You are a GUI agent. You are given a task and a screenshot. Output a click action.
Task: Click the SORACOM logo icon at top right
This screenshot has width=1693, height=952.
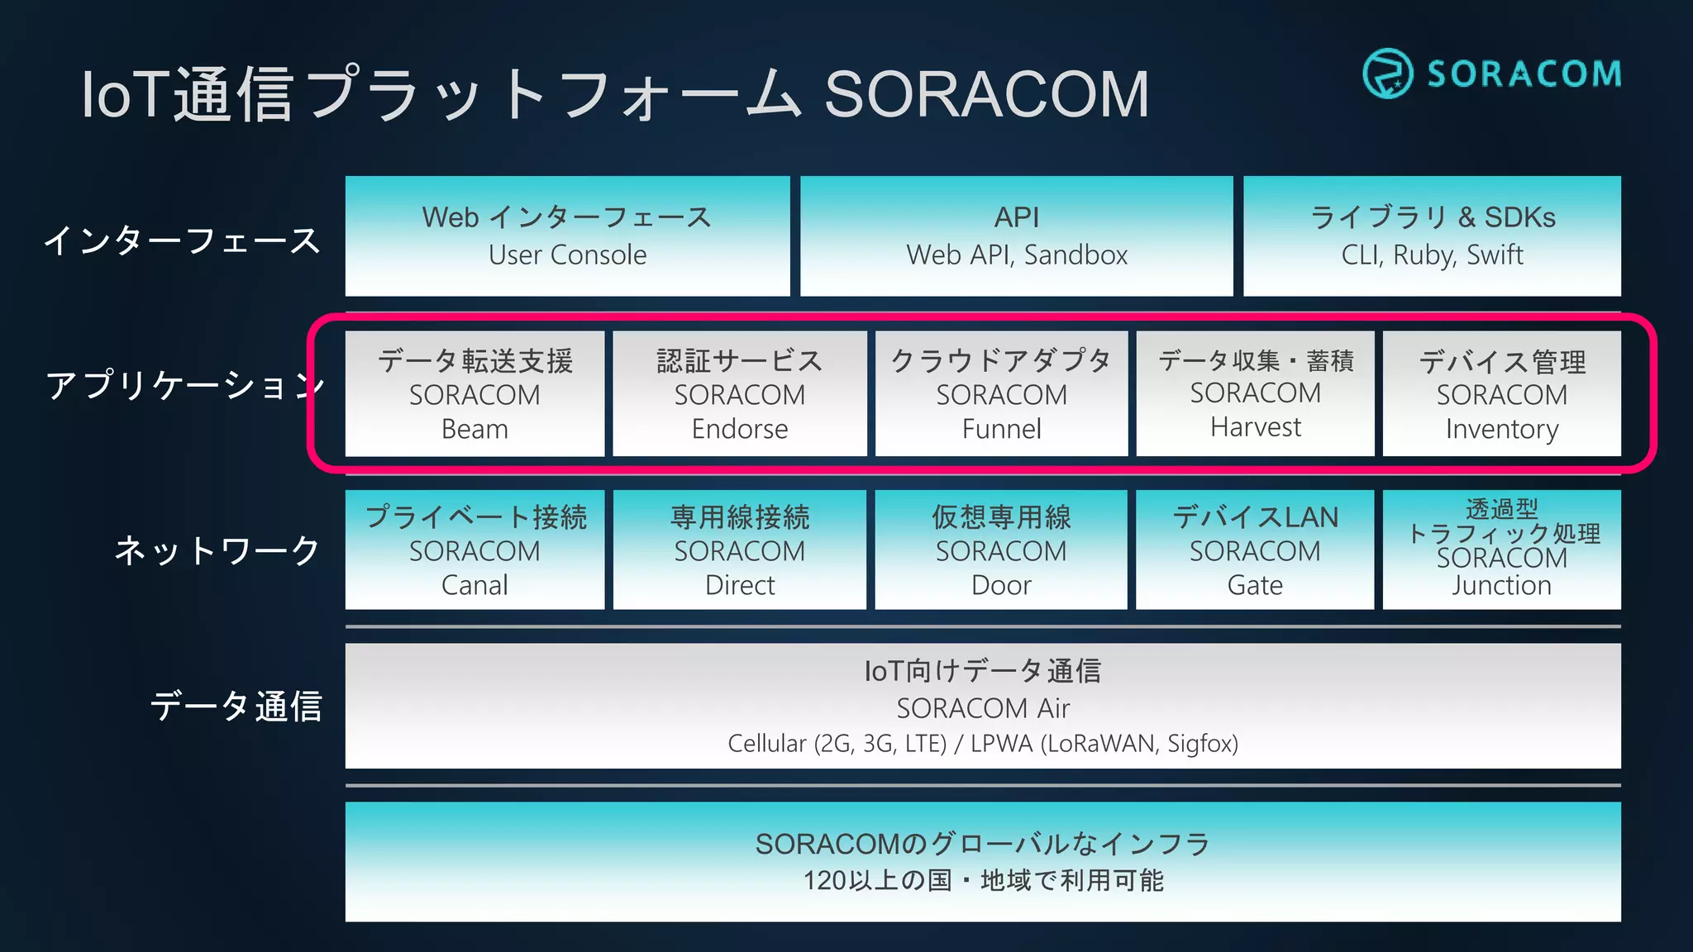point(1387,74)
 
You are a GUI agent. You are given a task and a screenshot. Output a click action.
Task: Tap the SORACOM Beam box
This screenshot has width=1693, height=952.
point(475,394)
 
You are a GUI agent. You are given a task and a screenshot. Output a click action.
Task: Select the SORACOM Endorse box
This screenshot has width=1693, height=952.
point(739,394)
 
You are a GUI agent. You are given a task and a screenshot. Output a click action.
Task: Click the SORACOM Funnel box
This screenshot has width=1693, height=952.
point(1001,394)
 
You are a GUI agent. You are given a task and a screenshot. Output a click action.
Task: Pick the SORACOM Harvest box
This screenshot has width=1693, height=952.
point(1255,393)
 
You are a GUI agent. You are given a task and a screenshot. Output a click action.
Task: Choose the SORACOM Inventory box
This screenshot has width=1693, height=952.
point(1501,394)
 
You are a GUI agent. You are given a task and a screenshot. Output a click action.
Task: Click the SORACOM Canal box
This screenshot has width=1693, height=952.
point(475,550)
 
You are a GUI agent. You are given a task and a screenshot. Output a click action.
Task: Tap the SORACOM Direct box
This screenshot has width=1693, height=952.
point(739,550)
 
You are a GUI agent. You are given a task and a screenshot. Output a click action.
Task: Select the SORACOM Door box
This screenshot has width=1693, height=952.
point(1001,550)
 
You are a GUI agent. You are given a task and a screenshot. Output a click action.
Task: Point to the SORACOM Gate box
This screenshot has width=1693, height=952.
point(1255,550)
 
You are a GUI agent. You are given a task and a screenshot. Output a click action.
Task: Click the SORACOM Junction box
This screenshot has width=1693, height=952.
point(1501,550)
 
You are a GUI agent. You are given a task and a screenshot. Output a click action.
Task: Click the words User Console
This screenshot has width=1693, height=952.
point(567,255)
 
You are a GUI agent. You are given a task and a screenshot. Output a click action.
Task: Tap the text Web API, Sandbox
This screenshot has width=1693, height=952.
point(1017,255)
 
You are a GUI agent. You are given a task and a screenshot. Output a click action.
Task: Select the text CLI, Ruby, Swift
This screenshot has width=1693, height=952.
point(1432,255)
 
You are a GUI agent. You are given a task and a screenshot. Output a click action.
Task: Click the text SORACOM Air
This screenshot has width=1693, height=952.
point(983,708)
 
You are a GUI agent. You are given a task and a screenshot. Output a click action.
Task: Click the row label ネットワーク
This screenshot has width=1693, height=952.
point(217,550)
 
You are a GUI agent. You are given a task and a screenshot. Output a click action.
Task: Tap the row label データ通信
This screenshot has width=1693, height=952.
point(236,707)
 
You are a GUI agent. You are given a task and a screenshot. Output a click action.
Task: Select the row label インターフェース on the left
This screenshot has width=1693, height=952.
point(182,240)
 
